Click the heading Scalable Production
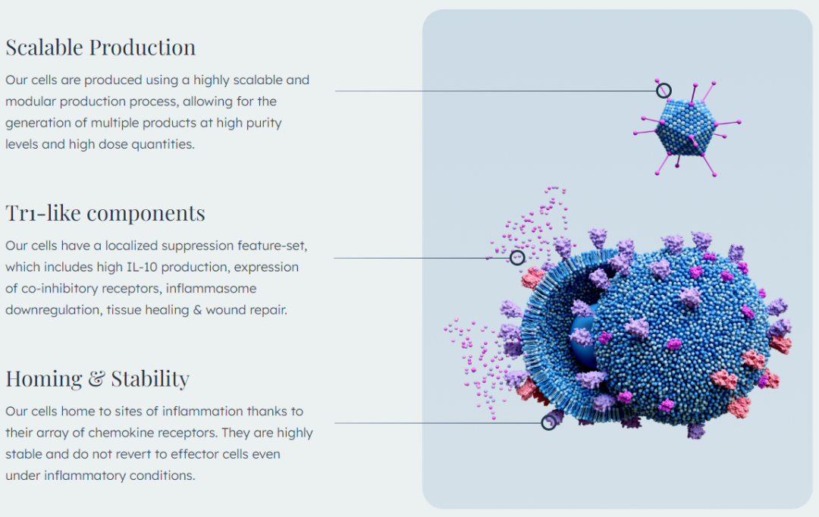[101, 48]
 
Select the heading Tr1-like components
[105, 213]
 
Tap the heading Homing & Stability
[98, 378]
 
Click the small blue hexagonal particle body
[686, 127]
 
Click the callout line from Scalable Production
[496, 91]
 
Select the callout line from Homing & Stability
[438, 423]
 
